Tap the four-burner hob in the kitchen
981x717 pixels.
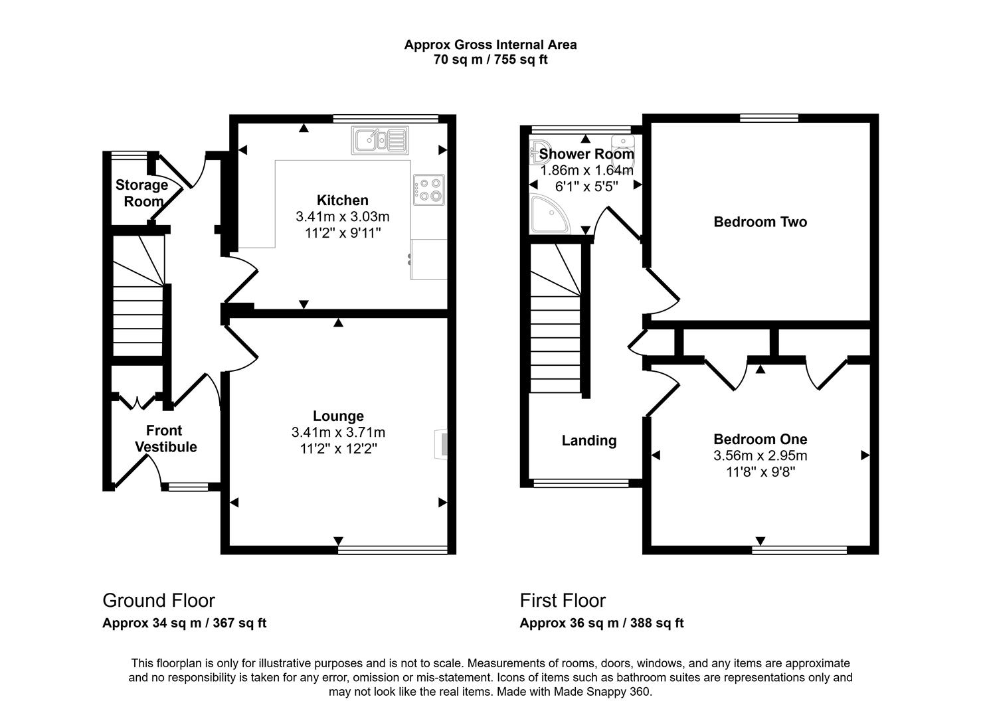coord(429,187)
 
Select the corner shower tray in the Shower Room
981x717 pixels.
coord(549,214)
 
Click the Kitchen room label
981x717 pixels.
coord(342,200)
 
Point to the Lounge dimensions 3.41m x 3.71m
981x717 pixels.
coord(338,432)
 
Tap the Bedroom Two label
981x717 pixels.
coord(760,222)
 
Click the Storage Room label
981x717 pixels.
coord(141,193)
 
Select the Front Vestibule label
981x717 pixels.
coord(165,439)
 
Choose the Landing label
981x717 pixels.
coord(588,441)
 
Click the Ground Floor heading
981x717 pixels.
coord(158,600)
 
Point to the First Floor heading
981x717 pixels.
coord(563,600)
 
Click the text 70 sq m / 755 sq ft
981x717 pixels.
coord(490,60)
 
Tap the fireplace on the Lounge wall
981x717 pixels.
coord(441,443)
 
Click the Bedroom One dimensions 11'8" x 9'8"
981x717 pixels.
coord(760,472)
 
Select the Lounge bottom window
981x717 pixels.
coord(393,550)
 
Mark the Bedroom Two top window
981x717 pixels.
coord(769,118)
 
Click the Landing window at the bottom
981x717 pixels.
coord(580,484)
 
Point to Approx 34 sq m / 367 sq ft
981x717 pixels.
coord(184,623)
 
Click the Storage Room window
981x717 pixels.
coord(129,155)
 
